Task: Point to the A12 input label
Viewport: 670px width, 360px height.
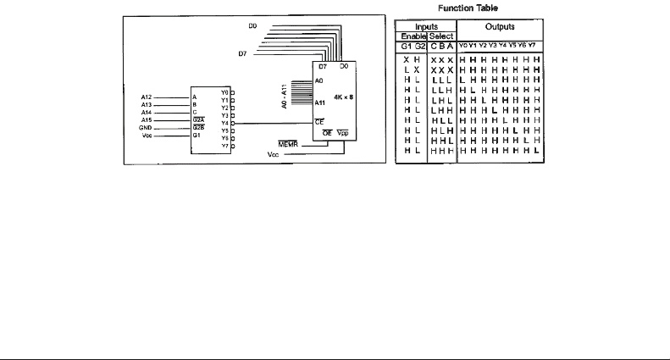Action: pyautogui.click(x=145, y=97)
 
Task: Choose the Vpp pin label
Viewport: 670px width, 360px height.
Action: pyautogui.click(x=342, y=134)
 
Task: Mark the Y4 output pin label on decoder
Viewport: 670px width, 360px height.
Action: pyautogui.click(x=223, y=122)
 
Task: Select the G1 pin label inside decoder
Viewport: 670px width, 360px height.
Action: pyautogui.click(x=197, y=134)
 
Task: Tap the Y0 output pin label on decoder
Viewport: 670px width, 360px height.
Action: pyautogui.click(x=223, y=91)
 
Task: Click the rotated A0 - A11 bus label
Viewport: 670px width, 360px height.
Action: pyautogui.click(x=285, y=95)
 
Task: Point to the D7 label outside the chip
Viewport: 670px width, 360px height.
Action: pyautogui.click(x=243, y=53)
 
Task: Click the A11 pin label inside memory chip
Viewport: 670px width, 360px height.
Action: pyautogui.click(x=319, y=102)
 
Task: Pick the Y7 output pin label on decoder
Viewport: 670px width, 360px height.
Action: pyautogui.click(x=223, y=145)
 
